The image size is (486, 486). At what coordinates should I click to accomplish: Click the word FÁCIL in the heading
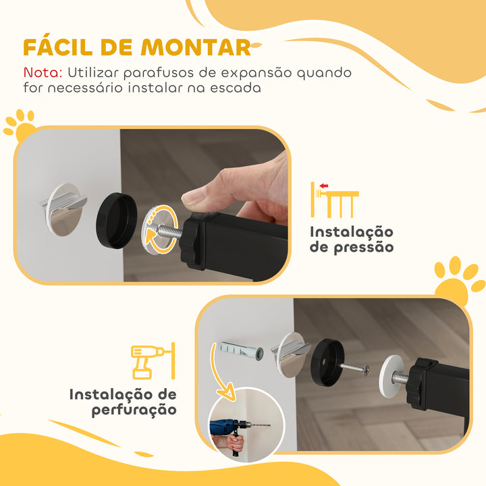pos(57,47)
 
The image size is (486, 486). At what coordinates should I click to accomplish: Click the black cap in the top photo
pos(115,215)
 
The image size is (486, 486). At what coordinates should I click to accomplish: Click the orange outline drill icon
pos(153,362)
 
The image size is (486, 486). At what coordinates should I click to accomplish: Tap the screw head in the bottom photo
pos(366,369)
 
